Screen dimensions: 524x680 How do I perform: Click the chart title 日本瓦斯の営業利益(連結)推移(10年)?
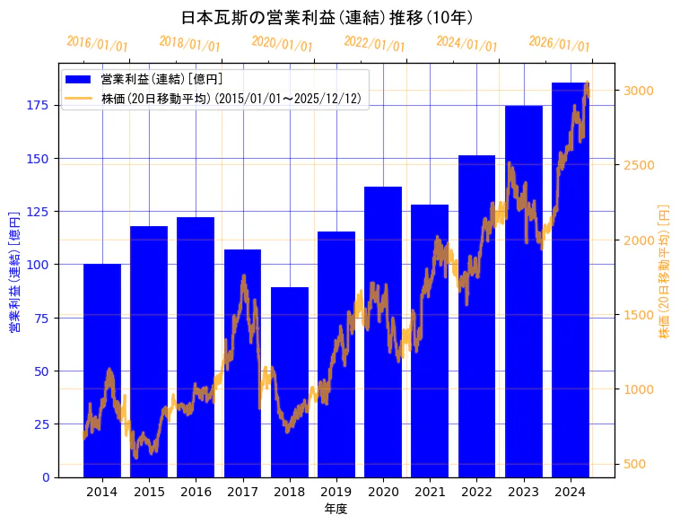tap(327, 17)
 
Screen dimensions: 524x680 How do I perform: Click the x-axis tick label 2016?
tap(196, 492)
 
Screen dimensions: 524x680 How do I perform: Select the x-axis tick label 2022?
tap(476, 492)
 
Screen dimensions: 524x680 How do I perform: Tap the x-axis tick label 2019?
tap(336, 492)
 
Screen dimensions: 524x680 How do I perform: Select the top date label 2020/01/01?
tap(283, 44)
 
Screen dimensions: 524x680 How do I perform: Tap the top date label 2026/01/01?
tap(560, 44)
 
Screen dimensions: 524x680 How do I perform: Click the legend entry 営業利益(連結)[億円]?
tap(161, 80)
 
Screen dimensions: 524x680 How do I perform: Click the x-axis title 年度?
tap(336, 509)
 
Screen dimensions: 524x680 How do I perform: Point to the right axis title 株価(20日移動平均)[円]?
tap(665, 270)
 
